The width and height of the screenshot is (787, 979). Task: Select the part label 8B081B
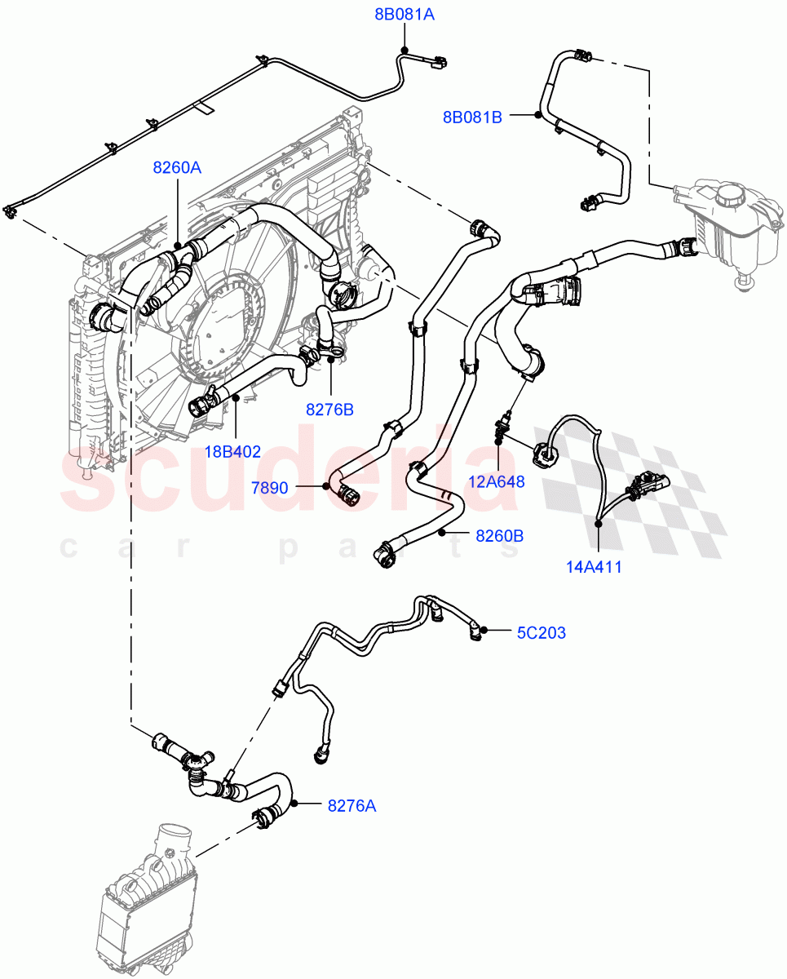[x=472, y=117]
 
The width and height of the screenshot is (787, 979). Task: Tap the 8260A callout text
[x=177, y=167]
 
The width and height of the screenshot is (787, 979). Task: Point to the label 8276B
[x=329, y=410]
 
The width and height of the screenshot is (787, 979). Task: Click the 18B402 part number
[x=233, y=451]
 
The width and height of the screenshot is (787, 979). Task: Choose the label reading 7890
[x=269, y=488]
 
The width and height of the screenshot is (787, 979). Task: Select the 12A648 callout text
[x=497, y=481]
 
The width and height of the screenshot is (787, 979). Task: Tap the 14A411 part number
[x=594, y=566]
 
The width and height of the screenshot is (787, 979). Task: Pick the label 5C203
[x=541, y=632]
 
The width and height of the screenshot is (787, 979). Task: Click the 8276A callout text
[x=351, y=806]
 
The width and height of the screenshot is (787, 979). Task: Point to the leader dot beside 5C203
[x=484, y=631]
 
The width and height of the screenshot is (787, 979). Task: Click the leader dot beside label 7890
[x=325, y=486]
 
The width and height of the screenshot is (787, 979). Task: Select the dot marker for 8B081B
[x=538, y=115]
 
